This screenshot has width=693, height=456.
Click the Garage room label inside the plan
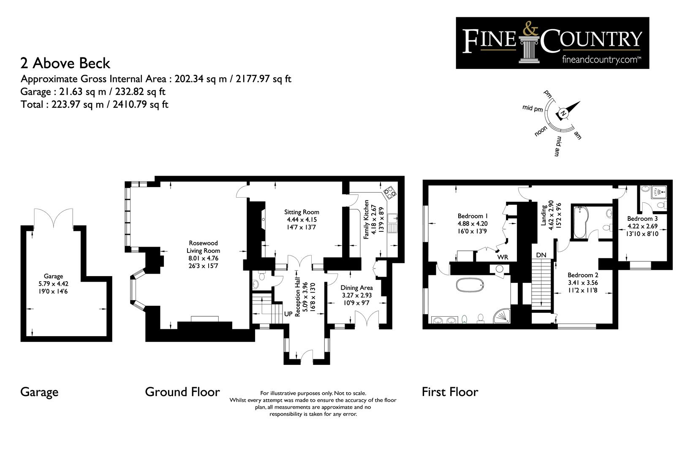pyautogui.click(x=54, y=276)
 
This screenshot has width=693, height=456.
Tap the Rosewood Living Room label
pyautogui.click(x=203, y=247)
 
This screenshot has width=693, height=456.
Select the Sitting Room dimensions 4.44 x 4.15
pyautogui.click(x=302, y=220)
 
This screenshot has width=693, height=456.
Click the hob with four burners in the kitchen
pyautogui.click(x=390, y=193)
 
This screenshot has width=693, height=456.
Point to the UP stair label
pyautogui.click(x=288, y=314)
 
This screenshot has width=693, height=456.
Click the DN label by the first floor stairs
pyautogui.click(x=541, y=255)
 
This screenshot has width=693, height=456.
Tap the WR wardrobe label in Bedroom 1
pyautogui.click(x=503, y=257)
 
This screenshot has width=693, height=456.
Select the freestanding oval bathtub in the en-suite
pyautogui.click(x=470, y=285)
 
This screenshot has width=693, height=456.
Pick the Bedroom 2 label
pyautogui.click(x=583, y=275)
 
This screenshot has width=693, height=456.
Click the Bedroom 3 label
pyautogui.click(x=643, y=219)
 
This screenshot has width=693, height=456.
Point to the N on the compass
pyautogui.click(x=563, y=114)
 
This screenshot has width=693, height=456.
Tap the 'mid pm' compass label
pyautogui.click(x=533, y=109)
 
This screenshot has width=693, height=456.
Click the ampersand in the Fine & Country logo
pyautogui.click(x=530, y=28)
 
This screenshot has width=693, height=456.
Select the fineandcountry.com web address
pyautogui.click(x=601, y=60)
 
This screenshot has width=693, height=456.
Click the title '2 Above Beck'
pyautogui.click(x=65, y=63)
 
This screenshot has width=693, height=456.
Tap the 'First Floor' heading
pyautogui.click(x=450, y=392)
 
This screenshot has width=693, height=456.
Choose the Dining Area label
pyautogui.click(x=357, y=288)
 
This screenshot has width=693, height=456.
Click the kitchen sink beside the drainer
pyautogui.click(x=393, y=218)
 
